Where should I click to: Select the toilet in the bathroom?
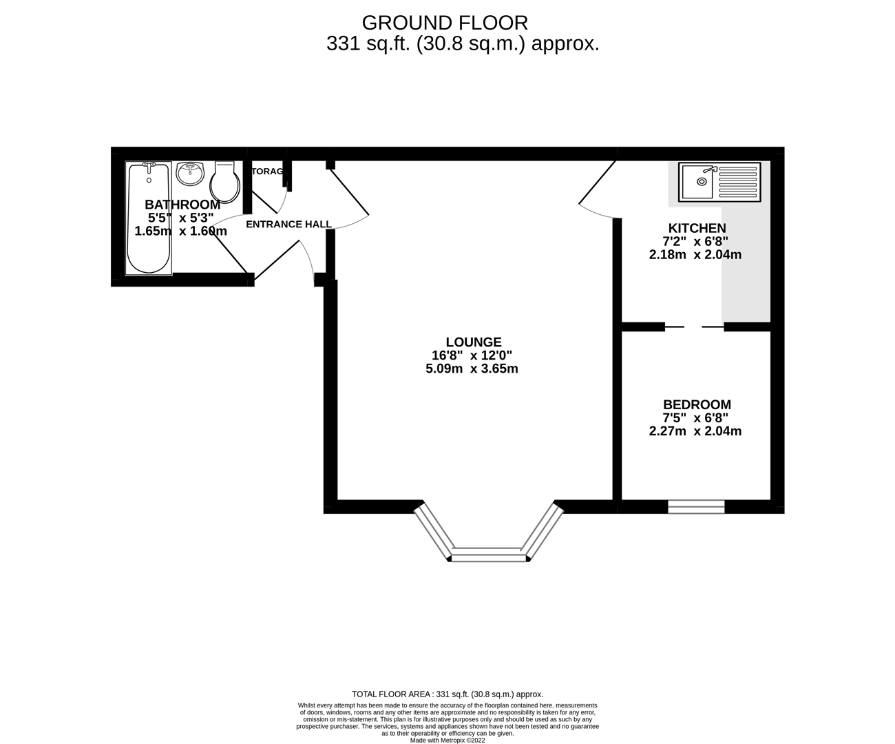(225, 181)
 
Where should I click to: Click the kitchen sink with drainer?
(719, 182)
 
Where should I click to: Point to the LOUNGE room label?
(474, 342)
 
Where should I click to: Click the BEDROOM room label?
(697, 405)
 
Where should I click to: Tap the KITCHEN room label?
(697, 229)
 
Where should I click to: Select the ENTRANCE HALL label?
(288, 225)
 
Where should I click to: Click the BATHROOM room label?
(182, 205)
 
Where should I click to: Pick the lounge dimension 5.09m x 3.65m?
(472, 369)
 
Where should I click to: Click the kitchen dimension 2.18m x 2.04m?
(695, 255)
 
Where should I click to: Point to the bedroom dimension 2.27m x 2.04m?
(695, 432)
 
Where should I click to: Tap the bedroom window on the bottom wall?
(696, 507)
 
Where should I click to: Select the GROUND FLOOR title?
(445, 23)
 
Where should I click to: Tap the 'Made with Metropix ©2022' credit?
(447, 741)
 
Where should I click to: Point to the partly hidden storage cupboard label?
(267, 171)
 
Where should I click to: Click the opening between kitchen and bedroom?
(694, 327)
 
